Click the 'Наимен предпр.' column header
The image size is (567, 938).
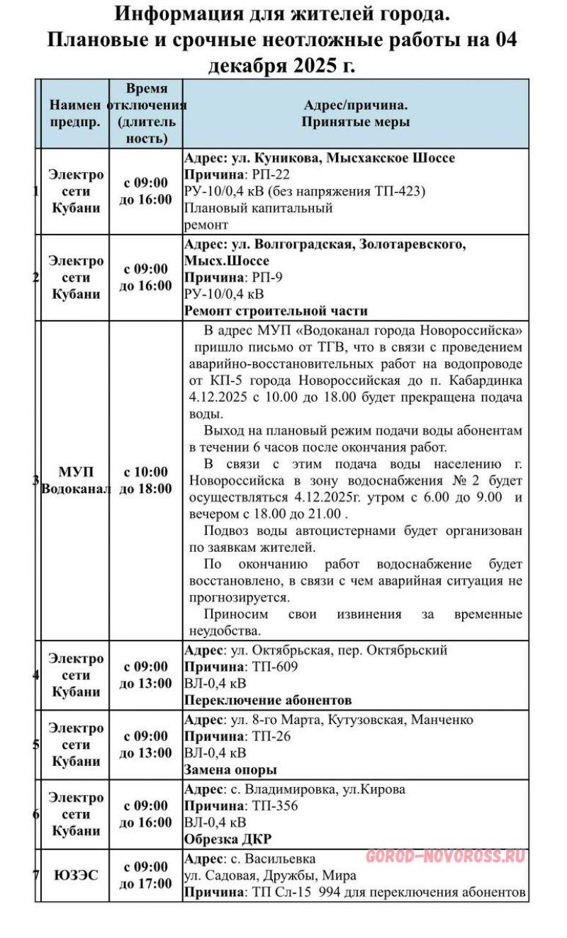click(x=74, y=113)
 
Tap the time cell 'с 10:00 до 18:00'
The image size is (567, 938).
click(x=146, y=480)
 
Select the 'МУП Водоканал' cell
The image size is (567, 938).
click(x=75, y=480)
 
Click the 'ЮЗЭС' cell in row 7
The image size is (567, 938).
click(x=75, y=875)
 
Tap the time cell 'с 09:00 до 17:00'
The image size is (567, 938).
click(x=146, y=875)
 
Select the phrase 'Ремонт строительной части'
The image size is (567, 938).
click(x=276, y=310)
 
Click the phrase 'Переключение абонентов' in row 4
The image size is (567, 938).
click(x=268, y=701)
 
